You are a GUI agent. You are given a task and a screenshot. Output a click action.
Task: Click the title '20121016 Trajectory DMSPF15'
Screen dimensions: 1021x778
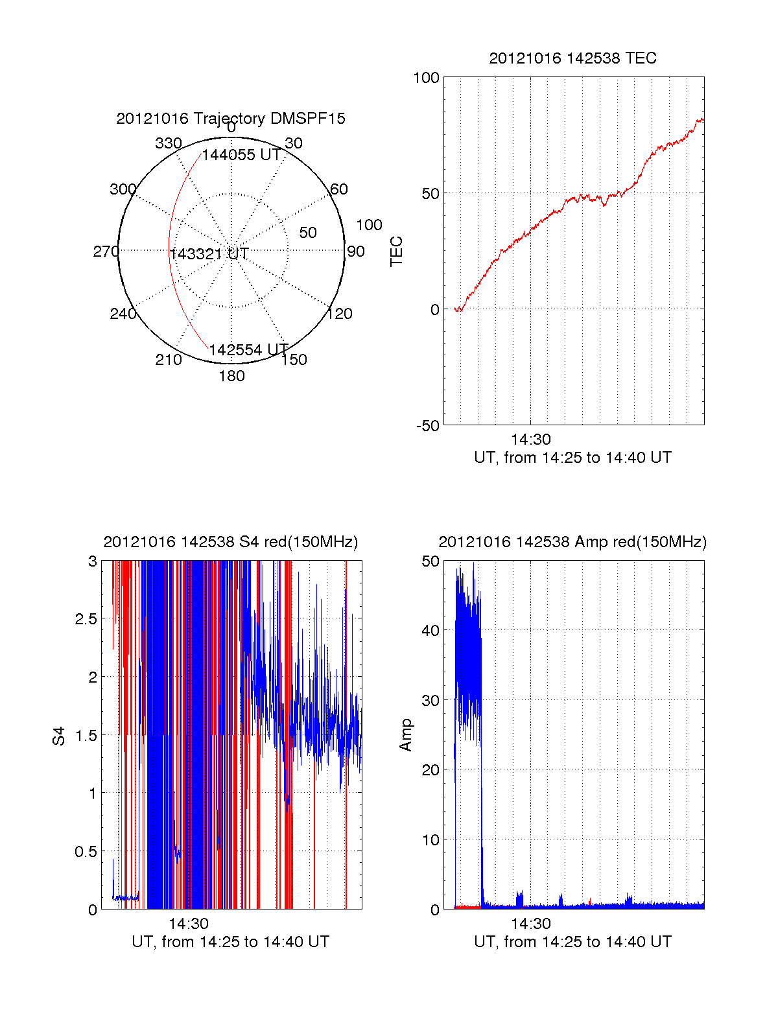coord(231,119)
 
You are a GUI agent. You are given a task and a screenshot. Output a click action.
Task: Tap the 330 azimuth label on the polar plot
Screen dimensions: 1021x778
coord(168,143)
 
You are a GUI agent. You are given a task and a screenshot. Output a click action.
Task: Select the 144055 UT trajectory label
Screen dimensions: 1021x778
coord(241,156)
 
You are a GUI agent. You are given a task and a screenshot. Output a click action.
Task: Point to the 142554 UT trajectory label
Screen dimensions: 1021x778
coord(248,350)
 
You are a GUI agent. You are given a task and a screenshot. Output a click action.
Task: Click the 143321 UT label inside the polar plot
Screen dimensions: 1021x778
coord(209,254)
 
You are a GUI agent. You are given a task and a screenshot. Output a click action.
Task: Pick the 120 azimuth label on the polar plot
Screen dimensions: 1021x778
coord(339,314)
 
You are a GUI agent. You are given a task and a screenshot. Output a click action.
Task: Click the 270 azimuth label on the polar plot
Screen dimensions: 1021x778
coord(106,252)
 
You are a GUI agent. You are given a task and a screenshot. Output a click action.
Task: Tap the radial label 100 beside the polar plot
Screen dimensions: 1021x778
coord(369,225)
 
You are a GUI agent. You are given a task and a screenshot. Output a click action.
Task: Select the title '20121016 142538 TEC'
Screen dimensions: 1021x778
coord(572,58)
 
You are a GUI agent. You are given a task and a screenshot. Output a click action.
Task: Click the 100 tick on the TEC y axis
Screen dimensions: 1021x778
coord(426,78)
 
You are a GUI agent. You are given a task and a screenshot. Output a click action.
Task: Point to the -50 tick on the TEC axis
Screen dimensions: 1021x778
coord(427,426)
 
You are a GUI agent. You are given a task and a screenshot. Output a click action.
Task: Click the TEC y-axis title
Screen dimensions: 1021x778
coord(396,252)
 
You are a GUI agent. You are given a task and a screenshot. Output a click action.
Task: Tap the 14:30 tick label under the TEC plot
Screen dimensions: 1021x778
coord(530,440)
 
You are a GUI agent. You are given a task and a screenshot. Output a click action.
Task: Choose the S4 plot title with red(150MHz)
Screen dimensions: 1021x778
coord(230,542)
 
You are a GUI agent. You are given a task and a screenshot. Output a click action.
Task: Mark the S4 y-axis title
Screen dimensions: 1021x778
coord(59,736)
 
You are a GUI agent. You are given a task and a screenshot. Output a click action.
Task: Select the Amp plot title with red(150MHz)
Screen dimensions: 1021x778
coord(572,542)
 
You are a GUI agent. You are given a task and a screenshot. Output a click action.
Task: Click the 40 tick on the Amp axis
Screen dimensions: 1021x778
coord(430,630)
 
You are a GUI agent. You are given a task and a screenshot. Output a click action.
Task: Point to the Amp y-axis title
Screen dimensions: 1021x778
coord(406,735)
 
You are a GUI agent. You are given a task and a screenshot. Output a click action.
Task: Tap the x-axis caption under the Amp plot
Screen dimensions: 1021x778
coord(572,942)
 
